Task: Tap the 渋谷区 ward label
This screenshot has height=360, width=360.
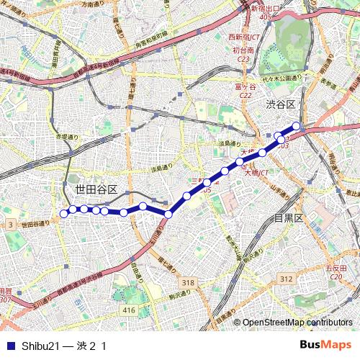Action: click(x=280, y=105)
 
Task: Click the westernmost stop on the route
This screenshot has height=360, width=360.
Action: click(x=63, y=213)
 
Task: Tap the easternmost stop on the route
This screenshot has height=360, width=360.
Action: click(x=296, y=125)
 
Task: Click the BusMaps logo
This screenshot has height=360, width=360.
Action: click(x=325, y=345)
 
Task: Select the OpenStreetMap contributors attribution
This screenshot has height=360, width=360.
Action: click(x=297, y=323)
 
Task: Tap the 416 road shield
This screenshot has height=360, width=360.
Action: click(x=129, y=310)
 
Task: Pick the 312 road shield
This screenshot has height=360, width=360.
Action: click(x=286, y=279)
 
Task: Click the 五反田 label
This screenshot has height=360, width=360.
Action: click(x=336, y=268)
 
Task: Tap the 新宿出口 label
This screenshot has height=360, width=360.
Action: click(x=266, y=8)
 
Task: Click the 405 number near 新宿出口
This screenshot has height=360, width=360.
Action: click(x=266, y=16)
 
